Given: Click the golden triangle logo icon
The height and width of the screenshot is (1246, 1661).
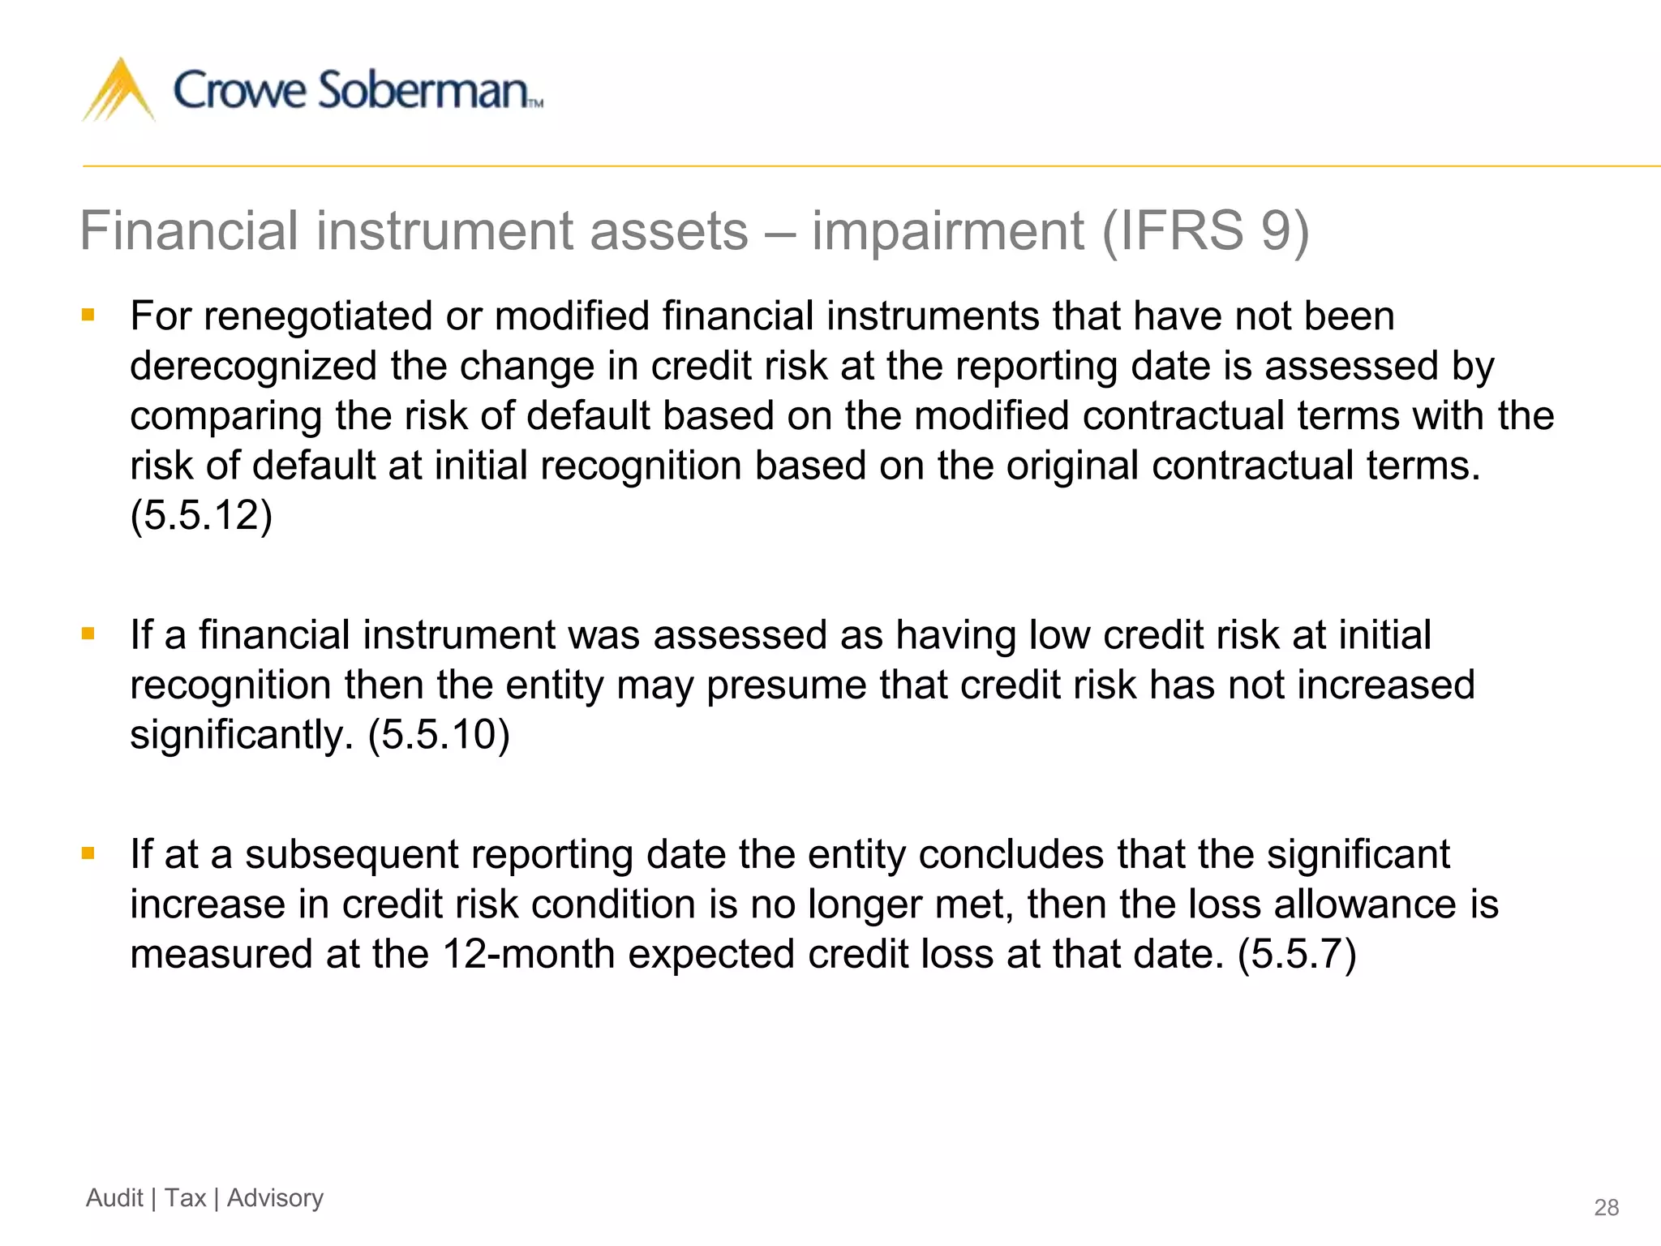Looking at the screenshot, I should coord(118,91).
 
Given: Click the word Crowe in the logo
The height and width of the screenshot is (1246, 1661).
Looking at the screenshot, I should coord(240,90).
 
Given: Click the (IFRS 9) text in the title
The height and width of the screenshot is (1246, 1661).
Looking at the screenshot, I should coord(1205,231).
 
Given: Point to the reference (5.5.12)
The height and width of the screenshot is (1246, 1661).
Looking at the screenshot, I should coord(201,515).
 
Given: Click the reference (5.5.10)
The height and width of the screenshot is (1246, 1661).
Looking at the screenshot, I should coord(439,735).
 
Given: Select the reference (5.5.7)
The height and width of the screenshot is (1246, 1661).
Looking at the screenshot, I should coord(1296,954).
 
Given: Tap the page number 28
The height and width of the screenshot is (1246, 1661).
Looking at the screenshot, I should coord(1606,1208).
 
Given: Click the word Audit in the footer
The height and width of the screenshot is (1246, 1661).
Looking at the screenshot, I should coord(114,1198).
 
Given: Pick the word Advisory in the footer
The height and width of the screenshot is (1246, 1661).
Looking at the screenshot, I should coord(275,1198).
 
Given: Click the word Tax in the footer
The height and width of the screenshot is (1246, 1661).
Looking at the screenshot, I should coord(185,1198).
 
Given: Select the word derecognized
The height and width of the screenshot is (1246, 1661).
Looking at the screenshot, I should coord(253,366).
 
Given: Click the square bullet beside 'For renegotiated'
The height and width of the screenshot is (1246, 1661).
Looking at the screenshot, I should coord(88,315).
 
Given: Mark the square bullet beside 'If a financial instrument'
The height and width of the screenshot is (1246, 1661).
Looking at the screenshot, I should coord(88,634).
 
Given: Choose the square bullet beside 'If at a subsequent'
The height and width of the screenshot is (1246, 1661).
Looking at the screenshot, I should coord(88,853).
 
